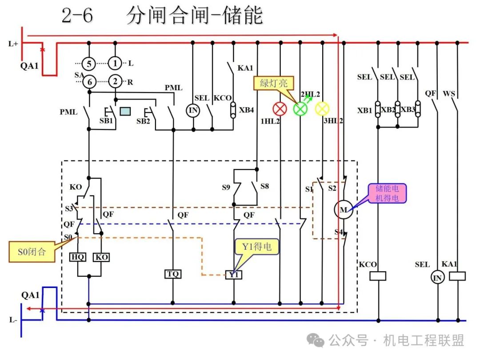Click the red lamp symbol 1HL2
point(280,109)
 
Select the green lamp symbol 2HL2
point(300,109)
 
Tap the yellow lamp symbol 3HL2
point(322,109)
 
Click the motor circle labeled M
point(344,210)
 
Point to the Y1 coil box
point(234,275)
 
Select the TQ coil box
point(172,274)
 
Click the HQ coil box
point(78,257)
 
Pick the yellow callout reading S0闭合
point(32,252)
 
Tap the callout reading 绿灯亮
point(274,83)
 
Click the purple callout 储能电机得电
point(387,193)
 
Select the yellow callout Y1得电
point(256,247)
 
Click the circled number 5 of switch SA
point(89,64)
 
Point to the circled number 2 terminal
point(115,81)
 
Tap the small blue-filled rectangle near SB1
point(125,111)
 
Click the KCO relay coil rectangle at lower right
point(378,276)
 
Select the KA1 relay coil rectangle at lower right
point(457,276)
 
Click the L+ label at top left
point(13,44)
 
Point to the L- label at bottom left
point(13,320)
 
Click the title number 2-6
point(77,15)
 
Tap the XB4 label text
point(246,110)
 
